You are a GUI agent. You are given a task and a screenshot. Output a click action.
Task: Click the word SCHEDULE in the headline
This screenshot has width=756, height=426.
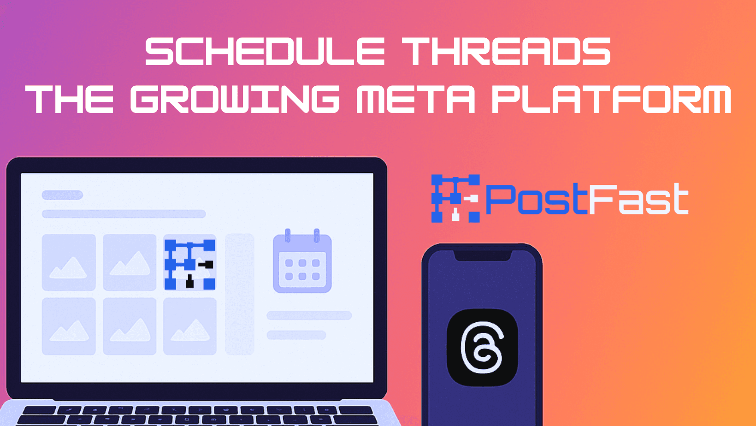point(265,52)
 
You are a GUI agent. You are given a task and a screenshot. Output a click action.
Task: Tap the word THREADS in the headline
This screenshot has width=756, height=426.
point(506,52)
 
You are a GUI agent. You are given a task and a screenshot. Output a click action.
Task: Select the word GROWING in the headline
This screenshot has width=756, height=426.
point(235,99)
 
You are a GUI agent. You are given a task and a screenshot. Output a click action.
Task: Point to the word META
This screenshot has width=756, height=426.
point(415,99)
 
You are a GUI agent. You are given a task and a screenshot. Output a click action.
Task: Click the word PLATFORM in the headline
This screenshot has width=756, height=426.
point(611,99)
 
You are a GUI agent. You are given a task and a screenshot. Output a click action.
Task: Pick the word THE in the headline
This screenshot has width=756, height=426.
point(70,99)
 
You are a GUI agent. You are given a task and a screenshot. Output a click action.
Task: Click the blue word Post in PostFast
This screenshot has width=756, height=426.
point(537,199)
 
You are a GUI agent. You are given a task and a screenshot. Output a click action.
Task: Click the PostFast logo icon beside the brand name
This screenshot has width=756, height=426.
point(455,198)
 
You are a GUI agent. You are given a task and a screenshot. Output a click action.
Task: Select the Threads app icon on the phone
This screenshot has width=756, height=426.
point(482,347)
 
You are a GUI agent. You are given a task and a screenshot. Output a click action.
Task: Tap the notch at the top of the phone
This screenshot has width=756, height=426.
point(482,255)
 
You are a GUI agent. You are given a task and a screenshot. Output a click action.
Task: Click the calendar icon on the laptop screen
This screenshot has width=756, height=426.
point(302,262)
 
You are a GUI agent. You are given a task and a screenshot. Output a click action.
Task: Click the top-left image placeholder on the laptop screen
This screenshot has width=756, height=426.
point(69,262)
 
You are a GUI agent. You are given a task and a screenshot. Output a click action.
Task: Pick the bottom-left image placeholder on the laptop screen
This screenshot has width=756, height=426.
point(69,326)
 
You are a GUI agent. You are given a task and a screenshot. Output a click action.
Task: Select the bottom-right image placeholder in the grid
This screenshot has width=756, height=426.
point(190,326)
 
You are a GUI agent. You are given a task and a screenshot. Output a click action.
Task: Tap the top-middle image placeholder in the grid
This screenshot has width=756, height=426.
point(130,262)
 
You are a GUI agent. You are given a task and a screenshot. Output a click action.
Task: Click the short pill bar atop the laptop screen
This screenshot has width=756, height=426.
point(62,195)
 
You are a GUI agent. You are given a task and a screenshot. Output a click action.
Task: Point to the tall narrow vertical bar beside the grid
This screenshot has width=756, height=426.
point(240,294)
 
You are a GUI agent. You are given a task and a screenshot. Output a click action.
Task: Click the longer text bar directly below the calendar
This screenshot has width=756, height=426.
point(309,315)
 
